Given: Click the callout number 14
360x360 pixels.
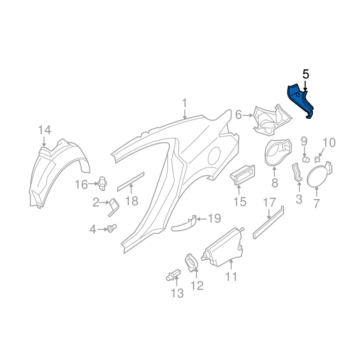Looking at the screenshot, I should pyautogui.click(x=45, y=130).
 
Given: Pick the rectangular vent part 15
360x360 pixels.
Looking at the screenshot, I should pyautogui.click(x=243, y=174).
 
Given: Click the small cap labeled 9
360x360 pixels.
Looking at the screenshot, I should pyautogui.click(x=305, y=158).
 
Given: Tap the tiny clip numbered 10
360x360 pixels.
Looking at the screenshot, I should pyautogui.click(x=318, y=158).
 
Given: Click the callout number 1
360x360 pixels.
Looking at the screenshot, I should pyautogui.click(x=184, y=103).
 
